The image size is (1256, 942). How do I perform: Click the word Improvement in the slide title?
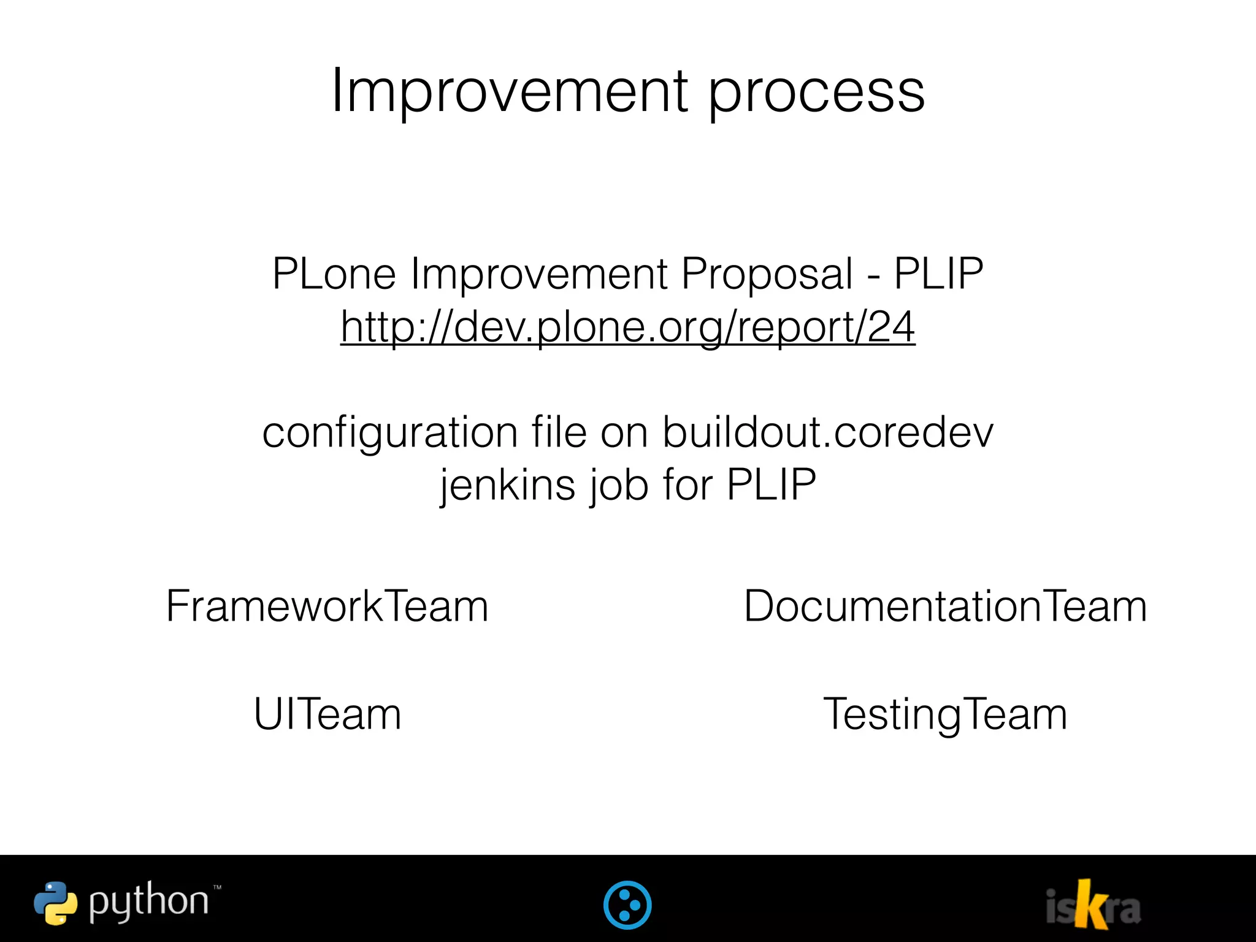tap(510, 92)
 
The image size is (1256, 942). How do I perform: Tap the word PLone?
tap(334, 274)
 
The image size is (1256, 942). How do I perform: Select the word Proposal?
tap(767, 275)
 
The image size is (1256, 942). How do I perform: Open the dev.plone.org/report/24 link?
tap(628, 327)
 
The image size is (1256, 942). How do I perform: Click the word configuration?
tap(390, 434)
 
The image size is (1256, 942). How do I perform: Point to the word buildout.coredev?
tap(828, 432)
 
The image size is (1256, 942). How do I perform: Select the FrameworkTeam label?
tap(327, 607)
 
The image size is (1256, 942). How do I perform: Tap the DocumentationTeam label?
tap(945, 607)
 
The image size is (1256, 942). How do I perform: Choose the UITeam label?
tap(327, 714)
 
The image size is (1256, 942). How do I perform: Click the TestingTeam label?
tap(944, 715)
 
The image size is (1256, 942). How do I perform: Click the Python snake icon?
tap(55, 903)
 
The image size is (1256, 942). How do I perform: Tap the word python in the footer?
tap(148, 903)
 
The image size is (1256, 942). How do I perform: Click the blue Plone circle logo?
tap(627, 905)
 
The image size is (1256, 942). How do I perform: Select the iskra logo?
tap(1093, 905)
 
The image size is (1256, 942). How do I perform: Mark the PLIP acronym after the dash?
tap(938, 274)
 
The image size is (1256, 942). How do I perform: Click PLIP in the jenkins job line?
tap(772, 485)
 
